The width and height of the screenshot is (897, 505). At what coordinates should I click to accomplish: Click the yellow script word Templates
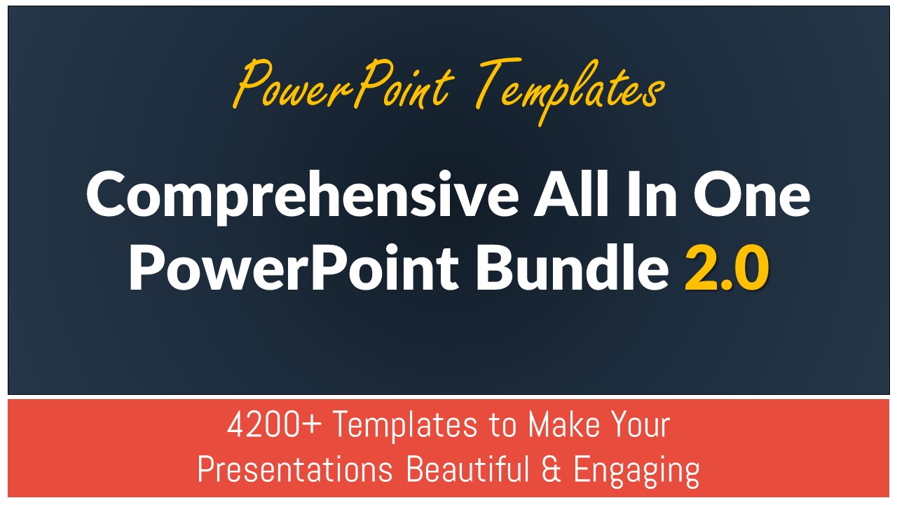[x=568, y=91]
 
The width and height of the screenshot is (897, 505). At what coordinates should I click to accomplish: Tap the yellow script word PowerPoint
[x=343, y=85]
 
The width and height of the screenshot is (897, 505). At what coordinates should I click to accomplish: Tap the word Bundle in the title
[x=573, y=266]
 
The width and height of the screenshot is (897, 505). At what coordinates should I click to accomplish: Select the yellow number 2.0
[x=727, y=267]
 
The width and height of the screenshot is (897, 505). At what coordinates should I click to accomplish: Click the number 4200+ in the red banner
[x=274, y=425]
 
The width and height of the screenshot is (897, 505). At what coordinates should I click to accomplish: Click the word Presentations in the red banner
[x=295, y=469]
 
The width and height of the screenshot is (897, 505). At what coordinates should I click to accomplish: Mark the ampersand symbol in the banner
[x=551, y=469]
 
